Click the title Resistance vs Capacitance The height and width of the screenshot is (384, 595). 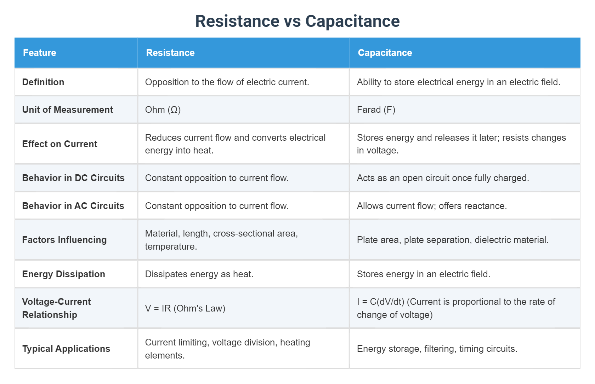click(297, 21)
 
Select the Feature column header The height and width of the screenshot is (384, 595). click(40, 53)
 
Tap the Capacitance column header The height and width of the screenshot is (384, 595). click(385, 53)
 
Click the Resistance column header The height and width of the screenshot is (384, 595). click(170, 53)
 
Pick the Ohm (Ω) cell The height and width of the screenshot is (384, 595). click(163, 110)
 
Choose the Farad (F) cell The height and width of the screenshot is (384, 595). click(376, 110)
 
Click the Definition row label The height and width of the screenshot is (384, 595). click(43, 82)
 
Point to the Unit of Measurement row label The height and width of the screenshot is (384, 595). click(68, 110)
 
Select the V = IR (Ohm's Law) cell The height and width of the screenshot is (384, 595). click(185, 308)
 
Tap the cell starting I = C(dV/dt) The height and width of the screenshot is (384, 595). click(456, 308)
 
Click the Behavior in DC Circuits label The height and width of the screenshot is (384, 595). click(73, 178)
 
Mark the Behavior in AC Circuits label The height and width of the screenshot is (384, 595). click(73, 206)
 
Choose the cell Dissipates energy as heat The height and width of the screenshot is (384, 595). click(199, 274)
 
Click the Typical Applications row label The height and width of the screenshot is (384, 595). click(66, 349)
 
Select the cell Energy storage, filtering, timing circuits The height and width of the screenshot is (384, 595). click(437, 349)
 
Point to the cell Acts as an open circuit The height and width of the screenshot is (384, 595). click(443, 178)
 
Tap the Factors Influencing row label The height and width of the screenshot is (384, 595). click(64, 240)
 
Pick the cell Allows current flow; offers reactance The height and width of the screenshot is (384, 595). click(432, 206)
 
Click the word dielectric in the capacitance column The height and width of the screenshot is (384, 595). click(490, 240)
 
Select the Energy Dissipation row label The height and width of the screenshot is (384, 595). click(64, 274)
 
